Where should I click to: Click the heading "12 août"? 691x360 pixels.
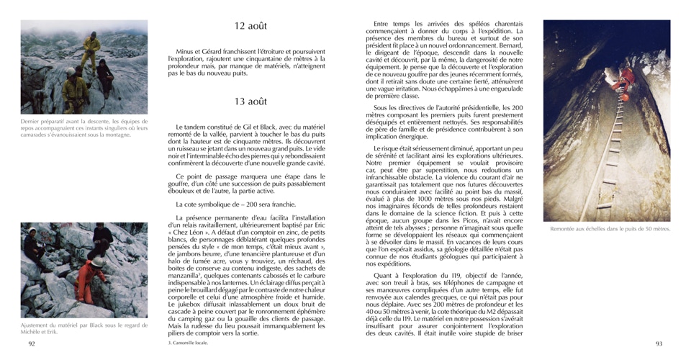coord(250,26)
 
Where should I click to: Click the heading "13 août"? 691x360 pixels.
coord(250,101)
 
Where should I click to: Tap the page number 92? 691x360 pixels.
coord(31,344)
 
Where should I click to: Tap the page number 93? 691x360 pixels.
coord(658,344)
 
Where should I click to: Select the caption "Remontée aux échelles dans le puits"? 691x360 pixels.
coord(609,229)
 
